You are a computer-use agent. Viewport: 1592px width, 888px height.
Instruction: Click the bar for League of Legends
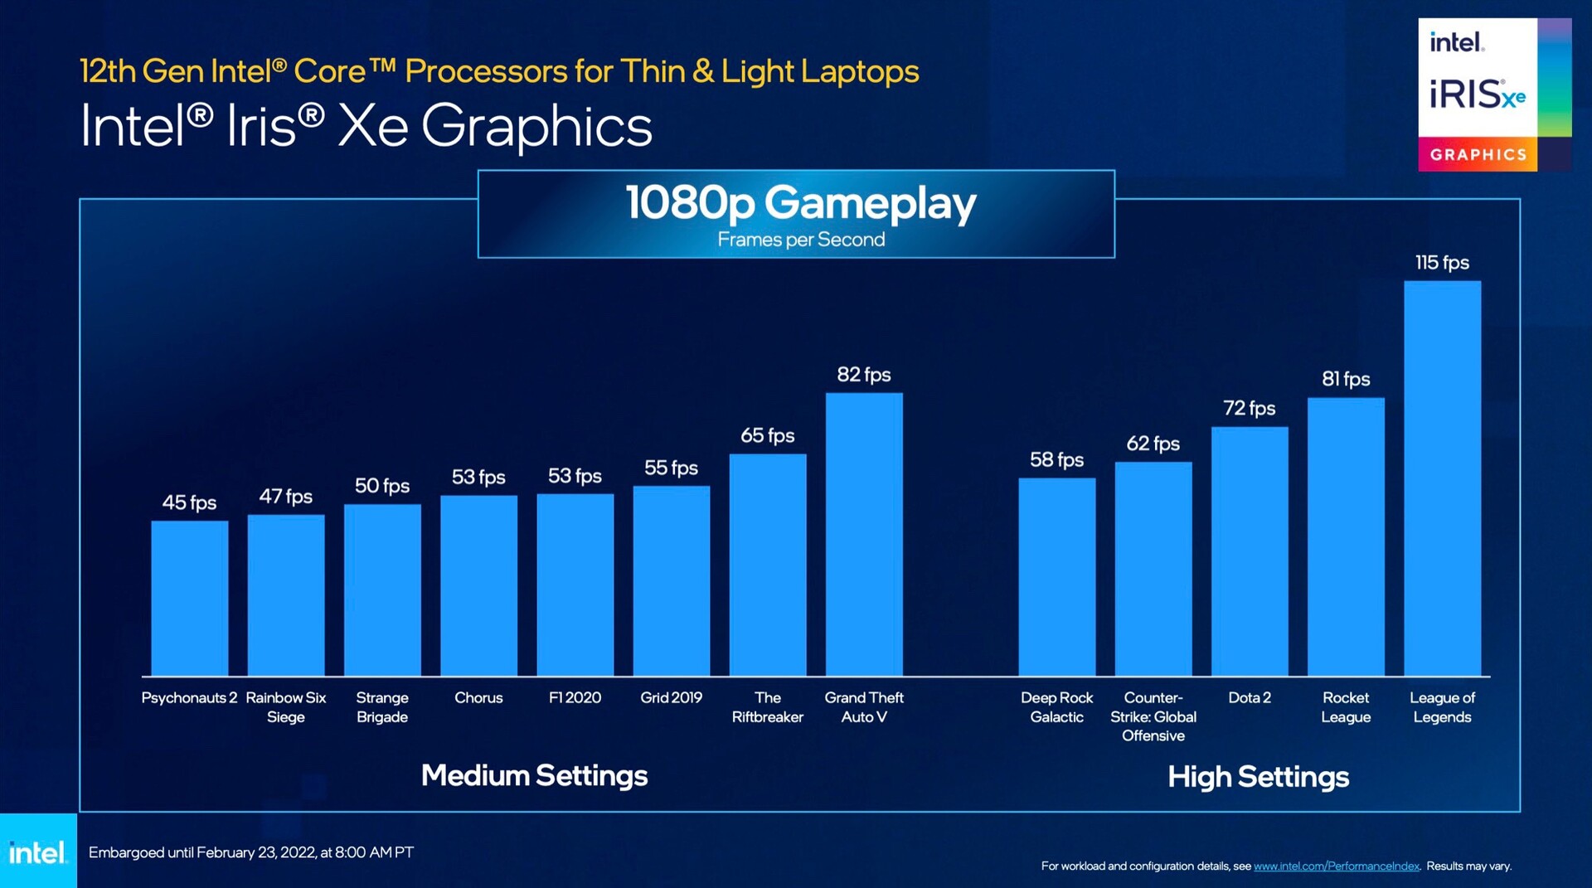[x=1442, y=478]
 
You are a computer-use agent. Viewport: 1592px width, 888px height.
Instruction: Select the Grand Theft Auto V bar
[x=864, y=534]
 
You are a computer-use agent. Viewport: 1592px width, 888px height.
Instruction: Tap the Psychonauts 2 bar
[x=189, y=598]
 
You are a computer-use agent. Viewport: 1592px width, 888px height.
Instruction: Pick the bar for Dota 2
[x=1250, y=551]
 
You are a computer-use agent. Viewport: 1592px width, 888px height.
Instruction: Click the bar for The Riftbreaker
[x=768, y=565]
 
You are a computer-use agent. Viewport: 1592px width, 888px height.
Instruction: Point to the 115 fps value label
[x=1442, y=263]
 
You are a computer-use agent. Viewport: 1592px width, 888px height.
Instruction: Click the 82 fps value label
[x=864, y=375]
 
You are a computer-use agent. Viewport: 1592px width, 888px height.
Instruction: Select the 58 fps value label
[x=1056, y=459]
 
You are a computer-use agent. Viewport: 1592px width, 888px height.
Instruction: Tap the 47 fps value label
[x=285, y=497]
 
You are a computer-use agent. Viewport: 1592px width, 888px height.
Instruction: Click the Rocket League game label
[x=1346, y=707]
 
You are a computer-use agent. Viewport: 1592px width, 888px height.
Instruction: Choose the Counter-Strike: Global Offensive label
[x=1153, y=716]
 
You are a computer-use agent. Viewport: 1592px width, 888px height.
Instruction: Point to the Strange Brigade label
[x=382, y=707]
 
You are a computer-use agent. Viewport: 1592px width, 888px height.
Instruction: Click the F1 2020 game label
[x=575, y=698]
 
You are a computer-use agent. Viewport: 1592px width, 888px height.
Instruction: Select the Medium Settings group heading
[x=534, y=776]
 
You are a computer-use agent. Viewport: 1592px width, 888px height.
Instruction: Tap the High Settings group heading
[x=1258, y=777]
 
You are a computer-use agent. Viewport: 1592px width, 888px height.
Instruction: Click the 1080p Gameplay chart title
[x=801, y=203]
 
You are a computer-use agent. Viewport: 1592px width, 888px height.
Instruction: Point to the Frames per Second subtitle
[x=801, y=240]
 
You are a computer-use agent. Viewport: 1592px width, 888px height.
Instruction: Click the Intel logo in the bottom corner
[x=37, y=852]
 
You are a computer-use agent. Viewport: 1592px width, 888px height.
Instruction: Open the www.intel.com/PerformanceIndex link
[x=1336, y=866]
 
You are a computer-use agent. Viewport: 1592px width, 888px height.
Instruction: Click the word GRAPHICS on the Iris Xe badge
[x=1478, y=155]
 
